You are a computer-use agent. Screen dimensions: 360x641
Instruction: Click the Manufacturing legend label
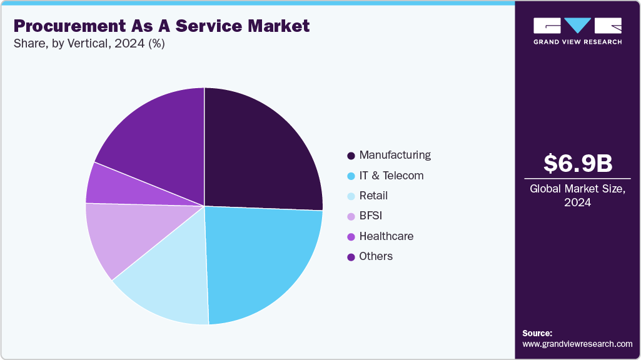click(x=395, y=155)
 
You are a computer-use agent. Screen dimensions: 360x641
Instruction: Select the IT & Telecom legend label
click(x=391, y=176)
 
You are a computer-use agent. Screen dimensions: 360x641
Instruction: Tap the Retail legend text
click(x=373, y=196)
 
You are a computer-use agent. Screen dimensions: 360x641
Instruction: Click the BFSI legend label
click(x=370, y=216)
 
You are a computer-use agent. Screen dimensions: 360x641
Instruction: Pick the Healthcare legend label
click(x=386, y=236)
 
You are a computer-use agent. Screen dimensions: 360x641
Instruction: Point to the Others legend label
click(x=376, y=256)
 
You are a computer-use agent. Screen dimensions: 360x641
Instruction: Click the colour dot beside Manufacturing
click(x=351, y=156)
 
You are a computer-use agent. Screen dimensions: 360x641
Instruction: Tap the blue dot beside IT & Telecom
click(x=351, y=176)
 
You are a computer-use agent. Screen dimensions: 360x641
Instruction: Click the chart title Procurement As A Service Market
click(x=161, y=26)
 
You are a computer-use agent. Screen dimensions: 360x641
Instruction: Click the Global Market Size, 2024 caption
click(x=577, y=196)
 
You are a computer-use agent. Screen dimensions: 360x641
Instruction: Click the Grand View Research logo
click(x=577, y=30)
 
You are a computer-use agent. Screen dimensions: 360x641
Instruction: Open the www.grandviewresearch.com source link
click(x=577, y=344)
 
